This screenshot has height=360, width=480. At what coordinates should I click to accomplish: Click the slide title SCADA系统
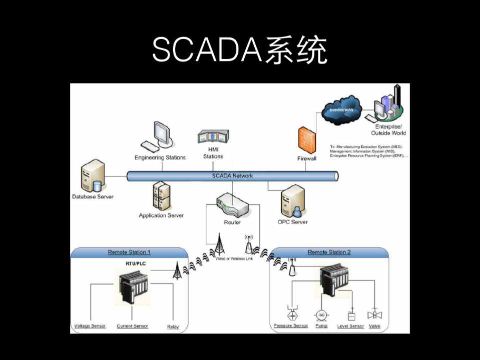coord(240,50)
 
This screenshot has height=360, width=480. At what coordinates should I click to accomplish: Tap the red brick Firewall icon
coord(307,140)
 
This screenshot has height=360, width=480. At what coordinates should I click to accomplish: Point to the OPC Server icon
coord(293,201)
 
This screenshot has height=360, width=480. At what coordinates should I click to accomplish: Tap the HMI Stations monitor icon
coord(213,137)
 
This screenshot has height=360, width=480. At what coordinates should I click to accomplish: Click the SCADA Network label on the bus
coord(232,175)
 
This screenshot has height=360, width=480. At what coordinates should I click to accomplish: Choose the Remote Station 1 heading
coord(129,252)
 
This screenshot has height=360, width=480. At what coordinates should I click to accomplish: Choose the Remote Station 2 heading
coord(329,252)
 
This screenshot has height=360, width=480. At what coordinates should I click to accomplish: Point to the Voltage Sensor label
coord(90,326)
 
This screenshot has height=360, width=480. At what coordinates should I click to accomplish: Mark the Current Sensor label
coord(133,326)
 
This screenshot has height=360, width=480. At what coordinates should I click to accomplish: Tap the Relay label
coord(173,326)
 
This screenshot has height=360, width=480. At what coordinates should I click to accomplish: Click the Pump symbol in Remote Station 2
coord(321,315)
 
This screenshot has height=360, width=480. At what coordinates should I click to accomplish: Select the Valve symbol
coord(374,315)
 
